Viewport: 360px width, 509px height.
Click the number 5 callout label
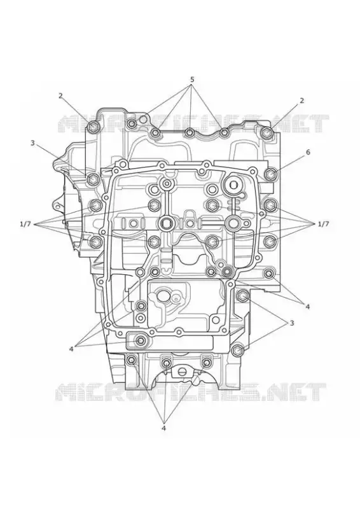pos(192,79)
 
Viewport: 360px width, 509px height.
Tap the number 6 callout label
pos(308,152)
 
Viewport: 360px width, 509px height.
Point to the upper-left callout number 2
pos(60,95)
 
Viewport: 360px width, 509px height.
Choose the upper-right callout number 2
pos(302,101)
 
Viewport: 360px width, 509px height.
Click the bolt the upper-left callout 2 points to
pos(93,127)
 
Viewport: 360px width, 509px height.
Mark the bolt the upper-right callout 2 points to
pos(267,132)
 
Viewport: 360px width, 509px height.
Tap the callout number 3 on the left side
pos(32,143)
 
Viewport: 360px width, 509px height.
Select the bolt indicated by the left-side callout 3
pos(93,178)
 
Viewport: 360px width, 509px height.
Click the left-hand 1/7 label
pos(25,224)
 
